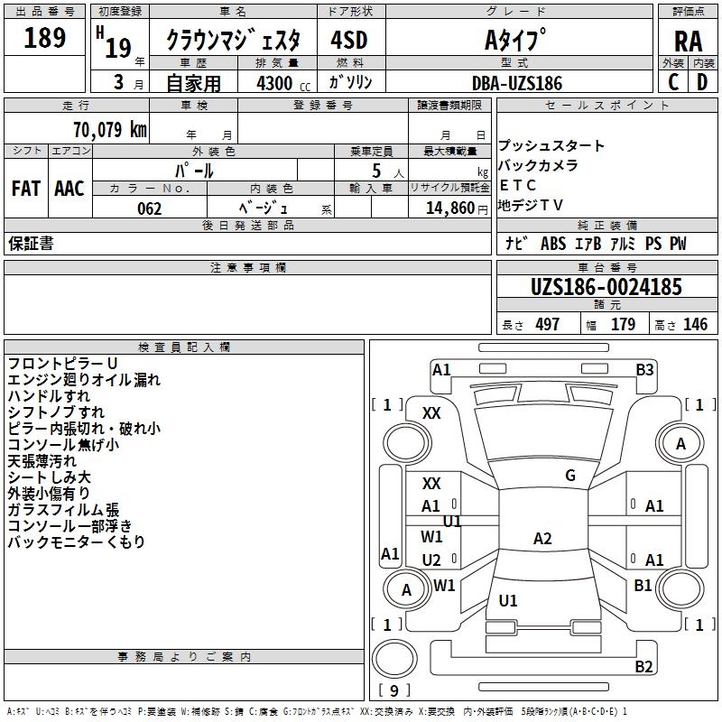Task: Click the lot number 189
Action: pos(44,37)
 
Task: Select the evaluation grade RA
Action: pos(688,42)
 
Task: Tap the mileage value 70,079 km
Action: pos(110,129)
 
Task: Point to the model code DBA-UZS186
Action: pos(517,83)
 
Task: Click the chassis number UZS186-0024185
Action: pos(606,287)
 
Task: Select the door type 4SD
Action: pos(349,40)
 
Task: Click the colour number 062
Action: pos(150,208)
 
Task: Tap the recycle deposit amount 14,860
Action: pos(450,208)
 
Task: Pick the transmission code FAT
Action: pos(26,189)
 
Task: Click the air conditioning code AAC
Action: pos(69,189)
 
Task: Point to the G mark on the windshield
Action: pos(570,475)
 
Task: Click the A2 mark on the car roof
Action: pos(542,538)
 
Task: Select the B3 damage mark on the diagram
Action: pos(644,369)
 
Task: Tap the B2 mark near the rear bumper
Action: pos(643,666)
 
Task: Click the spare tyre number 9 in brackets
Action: pos(394,690)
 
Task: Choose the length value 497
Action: pos(548,324)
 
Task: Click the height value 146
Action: pos(695,324)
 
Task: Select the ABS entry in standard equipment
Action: pos(553,244)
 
